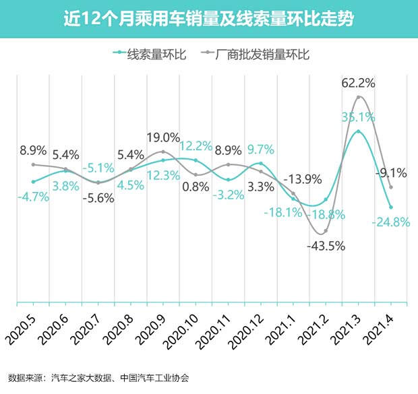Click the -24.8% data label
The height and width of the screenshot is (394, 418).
(390, 222)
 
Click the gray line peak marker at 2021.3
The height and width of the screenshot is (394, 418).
(359, 98)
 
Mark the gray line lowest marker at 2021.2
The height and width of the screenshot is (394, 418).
(326, 232)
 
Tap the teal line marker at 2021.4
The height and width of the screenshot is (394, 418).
(391, 207)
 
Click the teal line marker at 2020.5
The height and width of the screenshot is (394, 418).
(33, 182)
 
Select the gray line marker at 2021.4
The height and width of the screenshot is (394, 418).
(391, 187)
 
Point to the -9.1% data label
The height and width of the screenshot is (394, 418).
(390, 173)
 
